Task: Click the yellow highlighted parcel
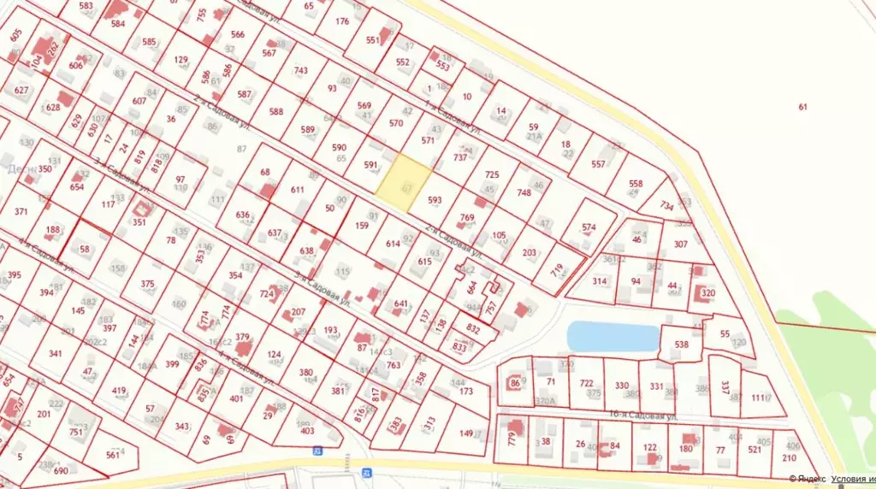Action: click(404, 182)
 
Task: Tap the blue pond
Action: click(613, 336)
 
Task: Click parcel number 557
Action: click(598, 164)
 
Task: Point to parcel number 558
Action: click(636, 184)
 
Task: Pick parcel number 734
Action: click(668, 206)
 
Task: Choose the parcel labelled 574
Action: click(589, 227)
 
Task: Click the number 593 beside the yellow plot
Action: click(435, 201)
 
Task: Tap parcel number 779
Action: click(511, 441)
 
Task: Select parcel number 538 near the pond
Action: click(682, 345)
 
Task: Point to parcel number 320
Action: click(707, 293)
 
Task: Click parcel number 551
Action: click(373, 40)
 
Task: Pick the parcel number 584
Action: click(118, 24)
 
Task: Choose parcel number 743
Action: click(301, 71)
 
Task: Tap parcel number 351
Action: click(139, 222)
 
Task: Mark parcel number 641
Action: click(401, 303)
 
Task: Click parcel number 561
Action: click(113, 456)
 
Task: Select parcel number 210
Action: click(789, 457)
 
